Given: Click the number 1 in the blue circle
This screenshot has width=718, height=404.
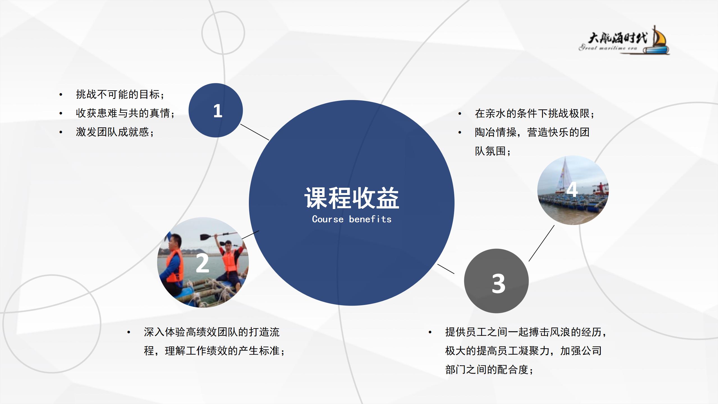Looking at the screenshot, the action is tap(218, 111).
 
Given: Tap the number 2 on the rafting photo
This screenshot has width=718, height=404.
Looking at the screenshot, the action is tap(202, 263).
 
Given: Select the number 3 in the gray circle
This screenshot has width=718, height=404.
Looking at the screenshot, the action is tap(499, 283).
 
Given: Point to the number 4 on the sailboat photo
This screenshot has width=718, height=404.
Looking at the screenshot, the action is tap(572, 190).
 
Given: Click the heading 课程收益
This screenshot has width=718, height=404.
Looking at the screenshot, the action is tap(352, 198).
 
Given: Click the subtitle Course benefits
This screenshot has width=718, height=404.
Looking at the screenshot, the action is tap(352, 219).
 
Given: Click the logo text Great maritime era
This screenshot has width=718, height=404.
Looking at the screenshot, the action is tap(608, 48).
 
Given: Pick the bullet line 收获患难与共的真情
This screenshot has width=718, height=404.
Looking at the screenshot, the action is tap(125, 113).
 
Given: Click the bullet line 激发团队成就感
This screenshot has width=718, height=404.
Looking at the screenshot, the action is tap(115, 132).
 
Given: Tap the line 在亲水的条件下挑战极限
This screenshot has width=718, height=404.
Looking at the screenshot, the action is tap(535, 113).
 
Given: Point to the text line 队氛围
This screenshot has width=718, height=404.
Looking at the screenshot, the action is tap(493, 151).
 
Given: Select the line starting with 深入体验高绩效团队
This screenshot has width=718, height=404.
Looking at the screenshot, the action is tap(212, 332).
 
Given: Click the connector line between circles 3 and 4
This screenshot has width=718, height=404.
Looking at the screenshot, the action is tap(542, 243).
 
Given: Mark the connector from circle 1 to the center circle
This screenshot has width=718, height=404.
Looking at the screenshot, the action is tap(254, 132).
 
